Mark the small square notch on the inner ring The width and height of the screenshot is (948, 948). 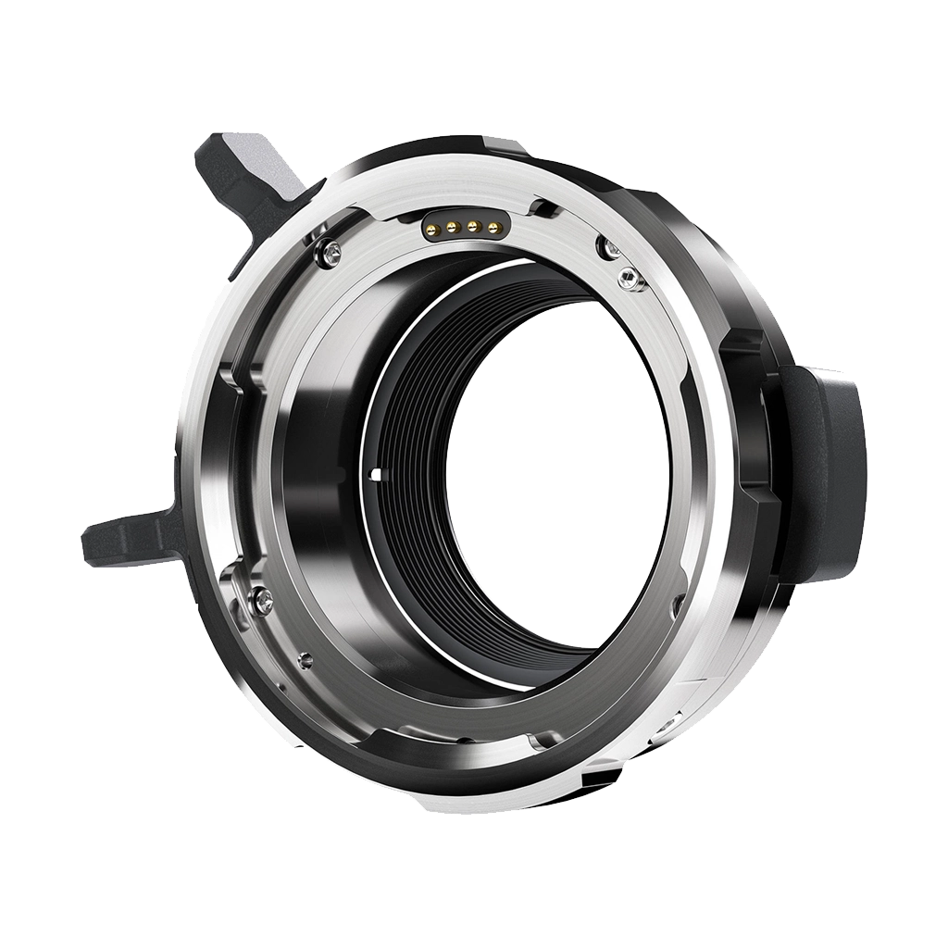coord(373,476)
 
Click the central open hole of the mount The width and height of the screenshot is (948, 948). coord(555,472)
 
